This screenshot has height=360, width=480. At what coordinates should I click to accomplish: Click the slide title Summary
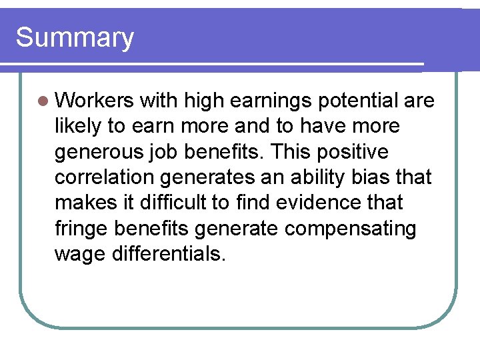tap(75, 38)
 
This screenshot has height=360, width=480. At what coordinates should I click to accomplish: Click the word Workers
tap(95, 101)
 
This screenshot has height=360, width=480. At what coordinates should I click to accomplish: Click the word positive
tap(353, 152)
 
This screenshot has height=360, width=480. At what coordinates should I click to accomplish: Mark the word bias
tap(381, 177)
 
